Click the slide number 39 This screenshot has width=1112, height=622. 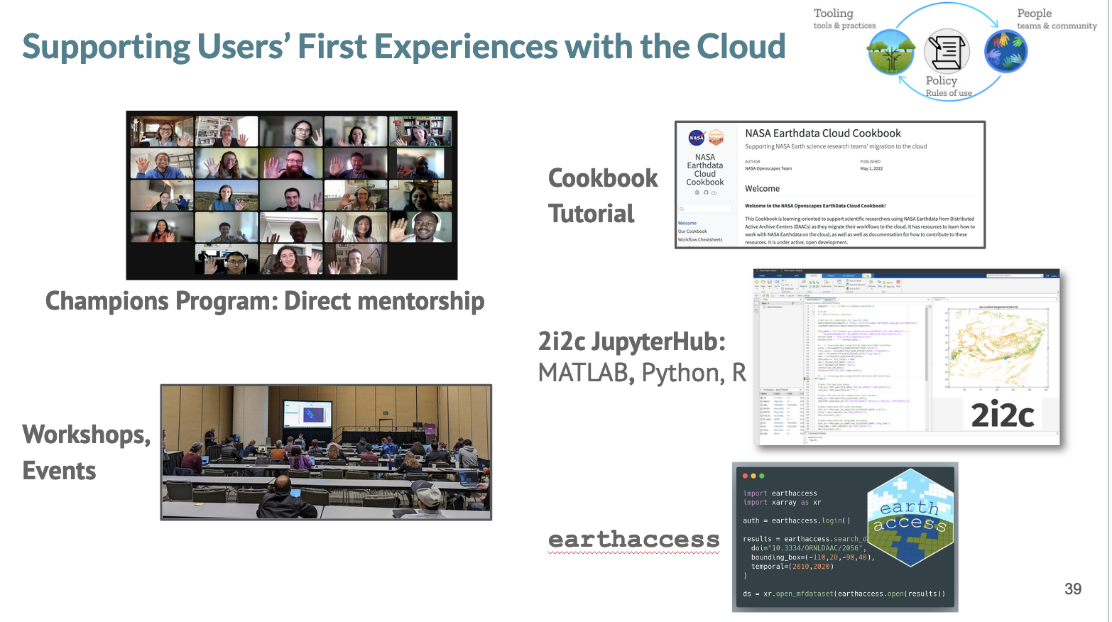tap(1072, 589)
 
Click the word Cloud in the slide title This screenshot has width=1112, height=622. tap(741, 47)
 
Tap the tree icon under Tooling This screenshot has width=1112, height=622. tap(890, 53)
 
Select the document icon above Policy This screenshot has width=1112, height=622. tap(946, 51)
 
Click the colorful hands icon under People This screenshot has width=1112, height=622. tap(1005, 51)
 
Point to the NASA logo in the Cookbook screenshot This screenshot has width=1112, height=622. tap(697, 138)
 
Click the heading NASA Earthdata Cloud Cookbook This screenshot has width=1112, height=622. tap(822, 133)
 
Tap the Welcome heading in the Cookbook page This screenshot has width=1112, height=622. tap(762, 189)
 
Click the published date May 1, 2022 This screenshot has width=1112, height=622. tap(871, 169)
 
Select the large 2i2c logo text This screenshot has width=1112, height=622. tap(1002, 415)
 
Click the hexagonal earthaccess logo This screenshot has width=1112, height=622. tap(911, 518)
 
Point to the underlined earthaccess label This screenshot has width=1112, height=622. tap(633, 540)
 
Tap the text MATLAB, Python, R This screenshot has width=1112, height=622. tap(641, 373)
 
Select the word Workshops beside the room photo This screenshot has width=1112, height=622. tap(86, 435)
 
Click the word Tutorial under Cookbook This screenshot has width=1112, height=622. tap(591, 214)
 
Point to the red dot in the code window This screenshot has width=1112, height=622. tap(745, 476)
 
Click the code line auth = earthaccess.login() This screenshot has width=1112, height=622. tap(796, 520)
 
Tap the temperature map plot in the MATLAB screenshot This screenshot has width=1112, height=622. tap(998, 348)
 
